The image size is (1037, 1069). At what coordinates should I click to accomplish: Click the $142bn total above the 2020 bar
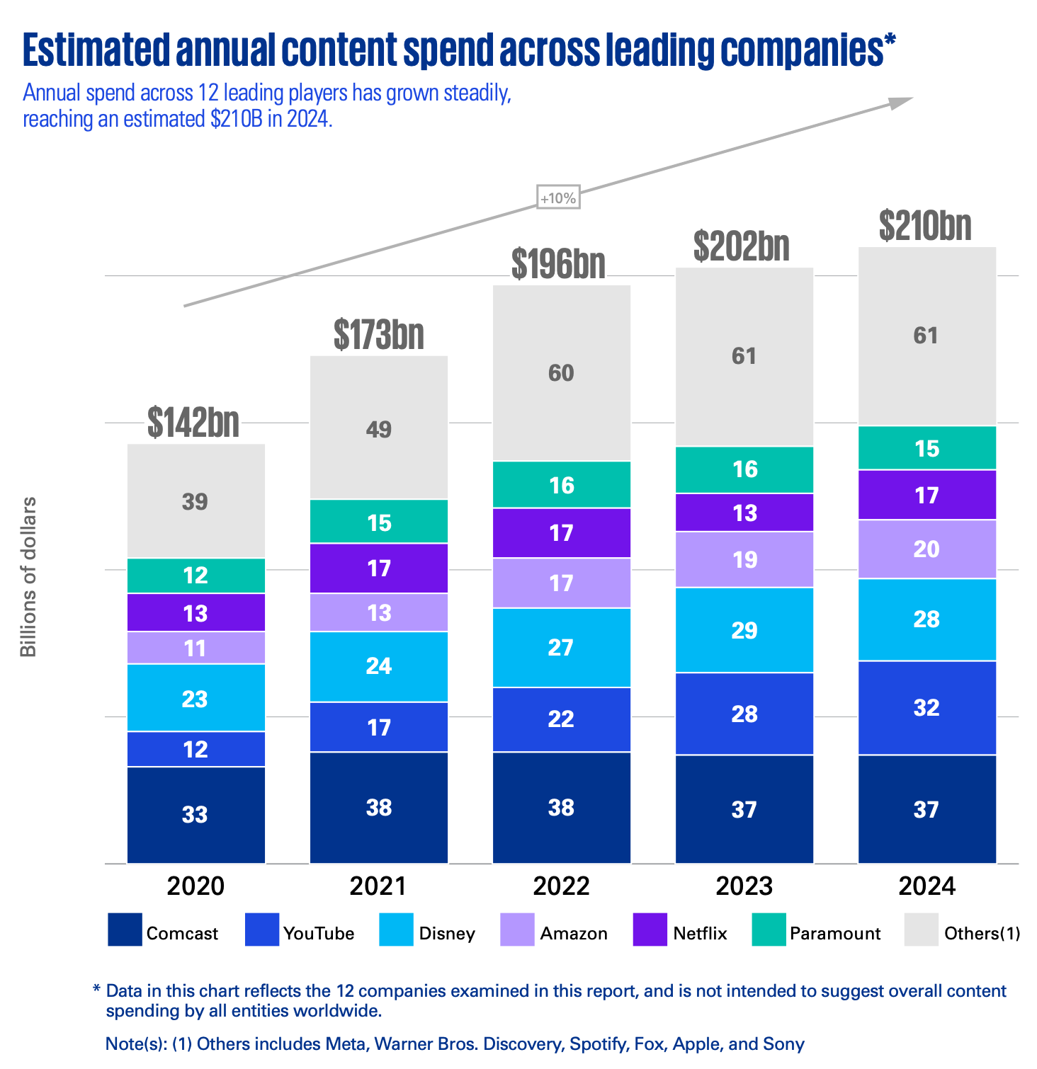[193, 423]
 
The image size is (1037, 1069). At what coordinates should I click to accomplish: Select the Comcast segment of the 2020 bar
[195, 814]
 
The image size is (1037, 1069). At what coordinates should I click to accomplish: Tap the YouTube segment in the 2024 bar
[926, 707]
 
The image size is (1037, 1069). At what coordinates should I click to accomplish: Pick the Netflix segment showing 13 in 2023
[744, 513]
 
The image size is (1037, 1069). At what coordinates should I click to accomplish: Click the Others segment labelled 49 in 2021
[379, 428]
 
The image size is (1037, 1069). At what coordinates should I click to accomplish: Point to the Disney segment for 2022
[561, 647]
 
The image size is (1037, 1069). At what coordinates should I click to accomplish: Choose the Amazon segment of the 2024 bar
[926, 549]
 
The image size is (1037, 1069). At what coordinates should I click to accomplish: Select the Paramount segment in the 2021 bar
[379, 522]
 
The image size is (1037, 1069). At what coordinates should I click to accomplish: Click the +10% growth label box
[558, 198]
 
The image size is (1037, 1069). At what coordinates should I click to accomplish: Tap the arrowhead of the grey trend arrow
[902, 103]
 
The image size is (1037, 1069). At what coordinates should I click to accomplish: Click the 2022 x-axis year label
[561, 886]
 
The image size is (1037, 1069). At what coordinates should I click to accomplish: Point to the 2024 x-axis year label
[926, 886]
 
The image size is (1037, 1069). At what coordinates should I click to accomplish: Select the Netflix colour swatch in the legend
[650, 930]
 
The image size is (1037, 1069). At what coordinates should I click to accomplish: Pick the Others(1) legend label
[982, 933]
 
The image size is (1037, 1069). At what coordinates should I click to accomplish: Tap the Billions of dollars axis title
[28, 577]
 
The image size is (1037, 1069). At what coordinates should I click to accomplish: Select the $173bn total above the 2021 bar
[379, 335]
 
